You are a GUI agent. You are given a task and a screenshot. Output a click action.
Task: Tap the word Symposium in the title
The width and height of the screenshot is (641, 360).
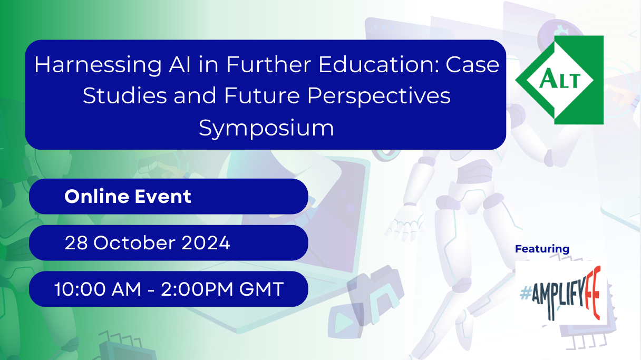(266, 128)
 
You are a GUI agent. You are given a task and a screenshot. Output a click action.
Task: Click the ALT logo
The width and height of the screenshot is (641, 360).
(560, 80)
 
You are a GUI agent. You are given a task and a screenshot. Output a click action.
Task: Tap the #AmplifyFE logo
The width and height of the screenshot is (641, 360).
(561, 293)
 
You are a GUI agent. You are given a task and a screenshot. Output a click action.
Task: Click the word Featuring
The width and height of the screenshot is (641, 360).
(542, 249)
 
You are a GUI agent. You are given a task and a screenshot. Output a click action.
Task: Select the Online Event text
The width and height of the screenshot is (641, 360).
(128, 197)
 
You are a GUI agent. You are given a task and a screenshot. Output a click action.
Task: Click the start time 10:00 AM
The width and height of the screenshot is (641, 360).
(99, 289)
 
